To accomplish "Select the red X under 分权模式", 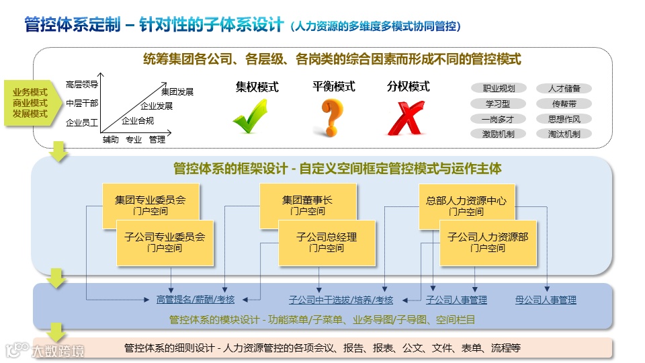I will point(406,118).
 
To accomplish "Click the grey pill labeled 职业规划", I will point(499,88).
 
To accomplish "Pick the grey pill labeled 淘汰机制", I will point(564,134).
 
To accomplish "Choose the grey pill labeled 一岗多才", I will point(499,119).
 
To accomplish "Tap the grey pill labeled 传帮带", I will point(564,104).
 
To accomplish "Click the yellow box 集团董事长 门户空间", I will point(307,205).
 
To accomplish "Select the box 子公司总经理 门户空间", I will point(327,242).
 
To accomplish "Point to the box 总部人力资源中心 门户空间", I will point(466,205).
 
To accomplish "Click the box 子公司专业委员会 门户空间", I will point(165,242).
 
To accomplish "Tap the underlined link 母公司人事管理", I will point(546,300).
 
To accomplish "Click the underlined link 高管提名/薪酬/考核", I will point(196,300).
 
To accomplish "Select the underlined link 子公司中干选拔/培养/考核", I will point(341,300).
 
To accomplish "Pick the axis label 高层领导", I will point(82,85).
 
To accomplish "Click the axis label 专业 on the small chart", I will point(134,140).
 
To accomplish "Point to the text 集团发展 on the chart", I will point(177,91).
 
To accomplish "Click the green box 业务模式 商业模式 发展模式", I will point(30,103).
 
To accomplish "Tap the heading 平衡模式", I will point(334,87).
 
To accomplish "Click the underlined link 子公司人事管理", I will point(456,300).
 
